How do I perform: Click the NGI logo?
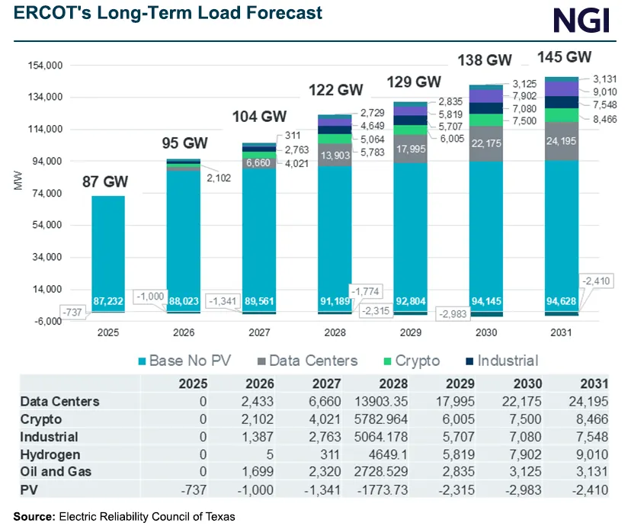click(581, 18)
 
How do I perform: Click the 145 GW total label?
click(565, 57)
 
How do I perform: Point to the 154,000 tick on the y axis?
click(44, 66)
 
